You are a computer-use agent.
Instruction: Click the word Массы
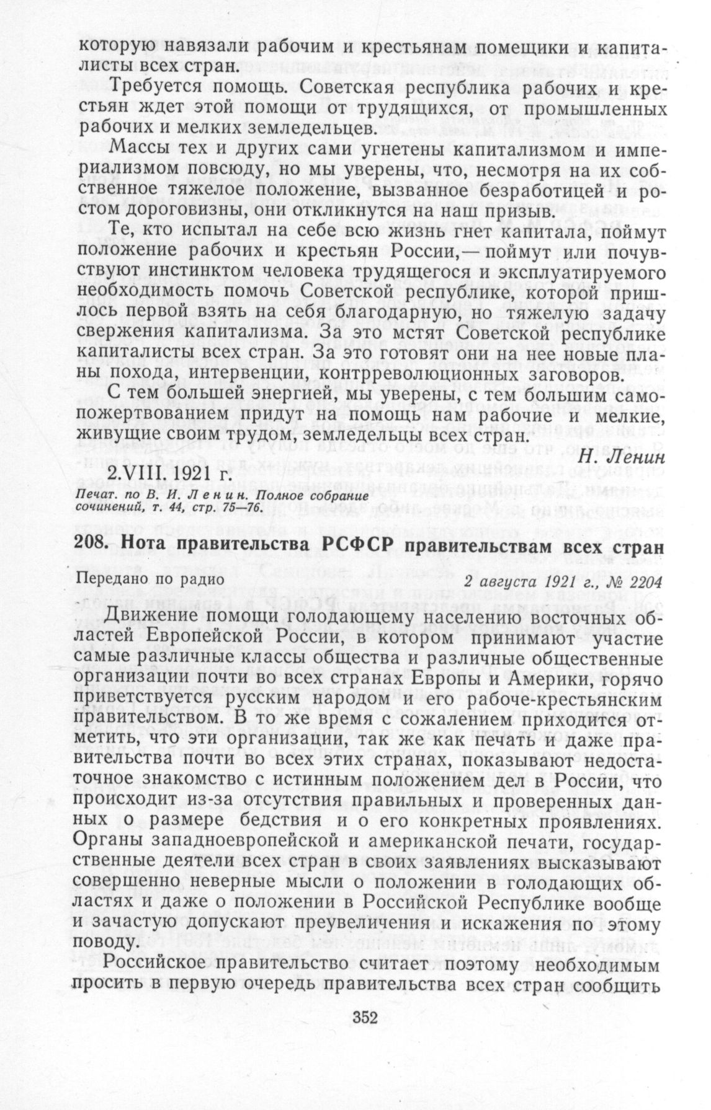[x=136, y=151]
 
